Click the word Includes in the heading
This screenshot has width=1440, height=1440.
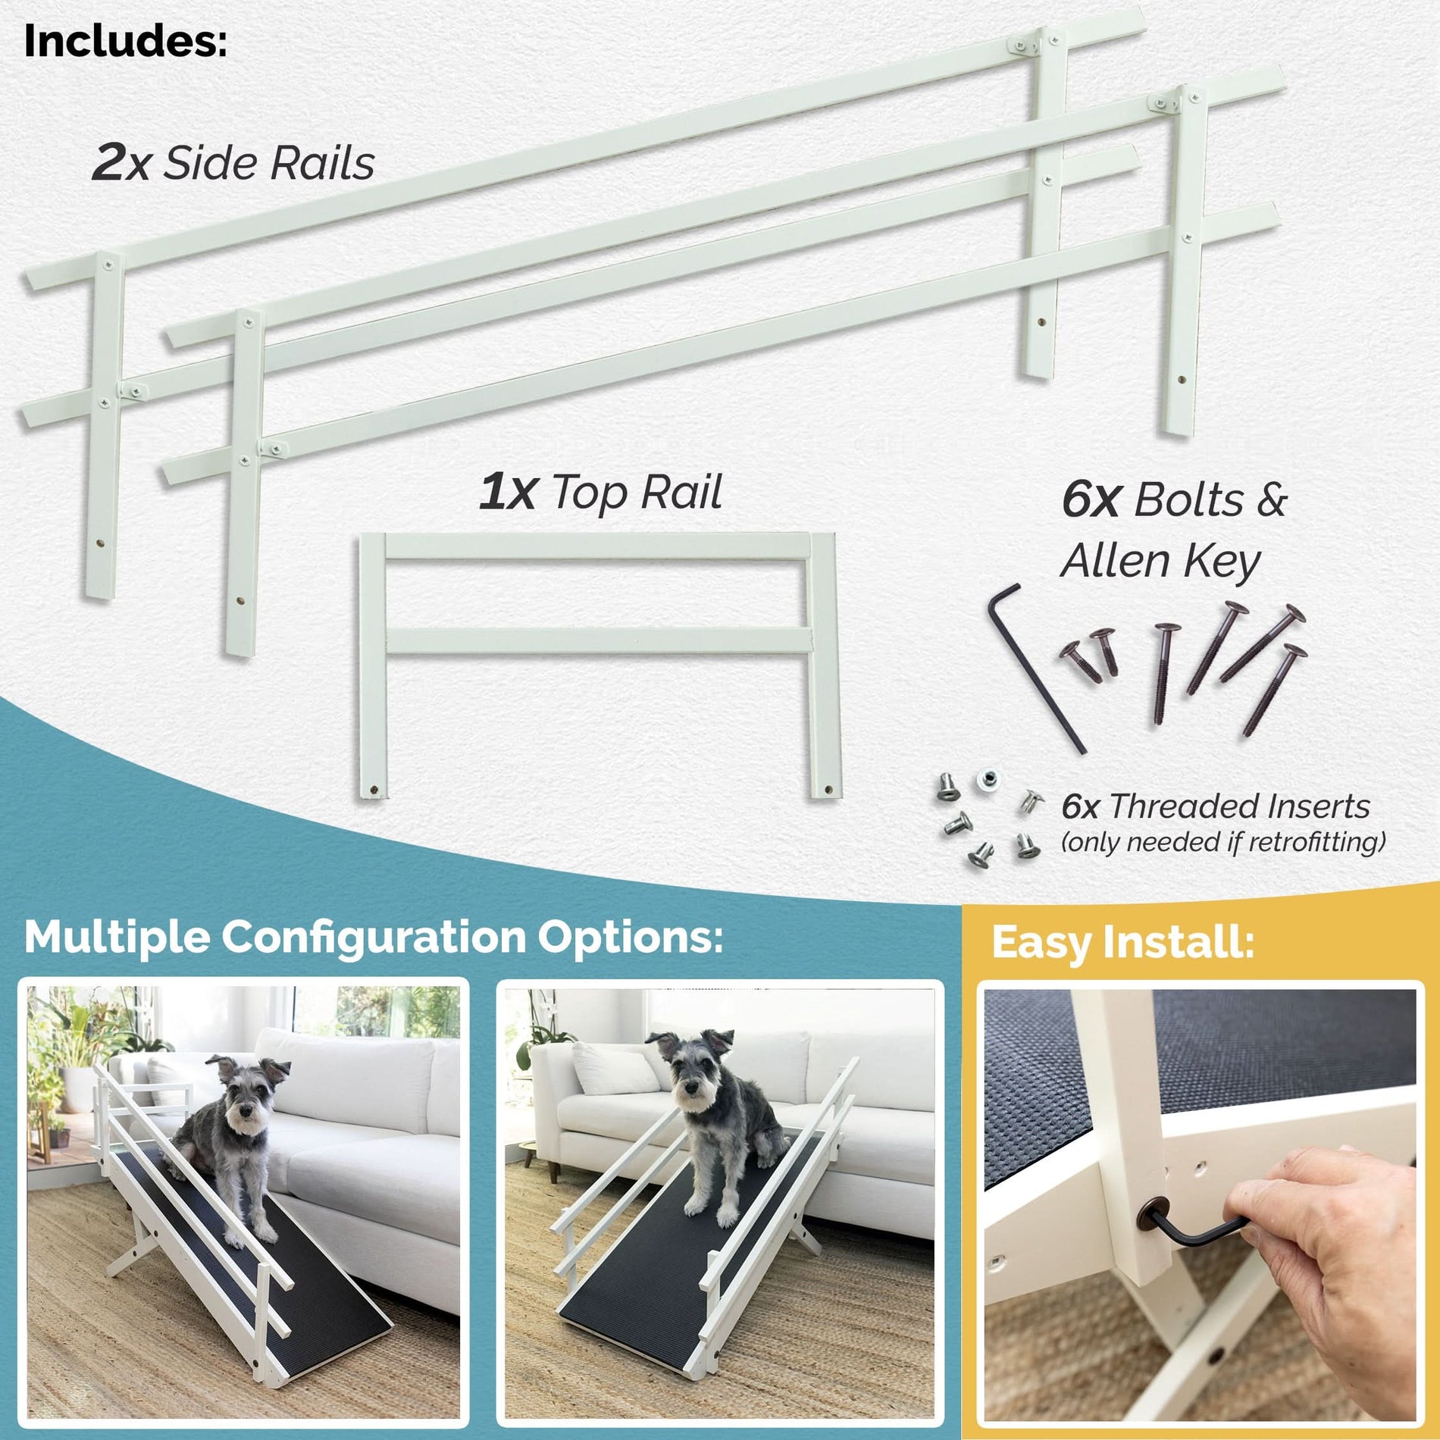tap(125, 42)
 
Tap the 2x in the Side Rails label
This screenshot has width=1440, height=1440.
tap(121, 163)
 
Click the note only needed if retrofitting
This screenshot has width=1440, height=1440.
tap(1222, 842)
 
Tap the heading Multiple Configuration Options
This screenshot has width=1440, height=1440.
tap(373, 938)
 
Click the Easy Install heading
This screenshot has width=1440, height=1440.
tap(1122, 942)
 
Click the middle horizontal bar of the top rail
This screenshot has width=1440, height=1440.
tap(599, 641)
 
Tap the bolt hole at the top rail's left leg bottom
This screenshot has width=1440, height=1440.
tap(373, 791)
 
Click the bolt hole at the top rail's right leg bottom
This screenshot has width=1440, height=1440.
tap(827, 790)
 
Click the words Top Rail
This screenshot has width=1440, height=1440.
tap(637, 493)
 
